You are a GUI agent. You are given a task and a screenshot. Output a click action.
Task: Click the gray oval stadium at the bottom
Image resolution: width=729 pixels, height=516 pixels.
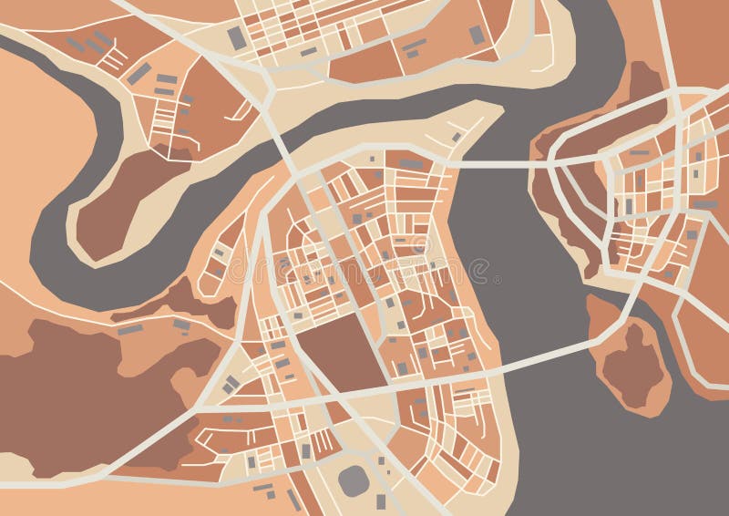(354, 480)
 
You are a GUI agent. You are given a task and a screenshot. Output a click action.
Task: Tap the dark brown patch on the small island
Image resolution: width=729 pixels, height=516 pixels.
(632, 365)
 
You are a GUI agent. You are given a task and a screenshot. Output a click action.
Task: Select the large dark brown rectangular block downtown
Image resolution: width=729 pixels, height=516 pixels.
(339, 351)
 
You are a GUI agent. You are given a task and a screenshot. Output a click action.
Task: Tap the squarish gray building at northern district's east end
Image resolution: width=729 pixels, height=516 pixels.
(477, 35)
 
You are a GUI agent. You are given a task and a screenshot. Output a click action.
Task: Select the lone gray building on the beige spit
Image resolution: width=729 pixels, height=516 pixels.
(456, 137)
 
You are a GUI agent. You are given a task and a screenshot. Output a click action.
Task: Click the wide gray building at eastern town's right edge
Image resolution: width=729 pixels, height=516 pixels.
(706, 204)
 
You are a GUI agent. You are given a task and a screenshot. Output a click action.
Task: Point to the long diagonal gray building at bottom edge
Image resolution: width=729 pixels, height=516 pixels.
(294, 501)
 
